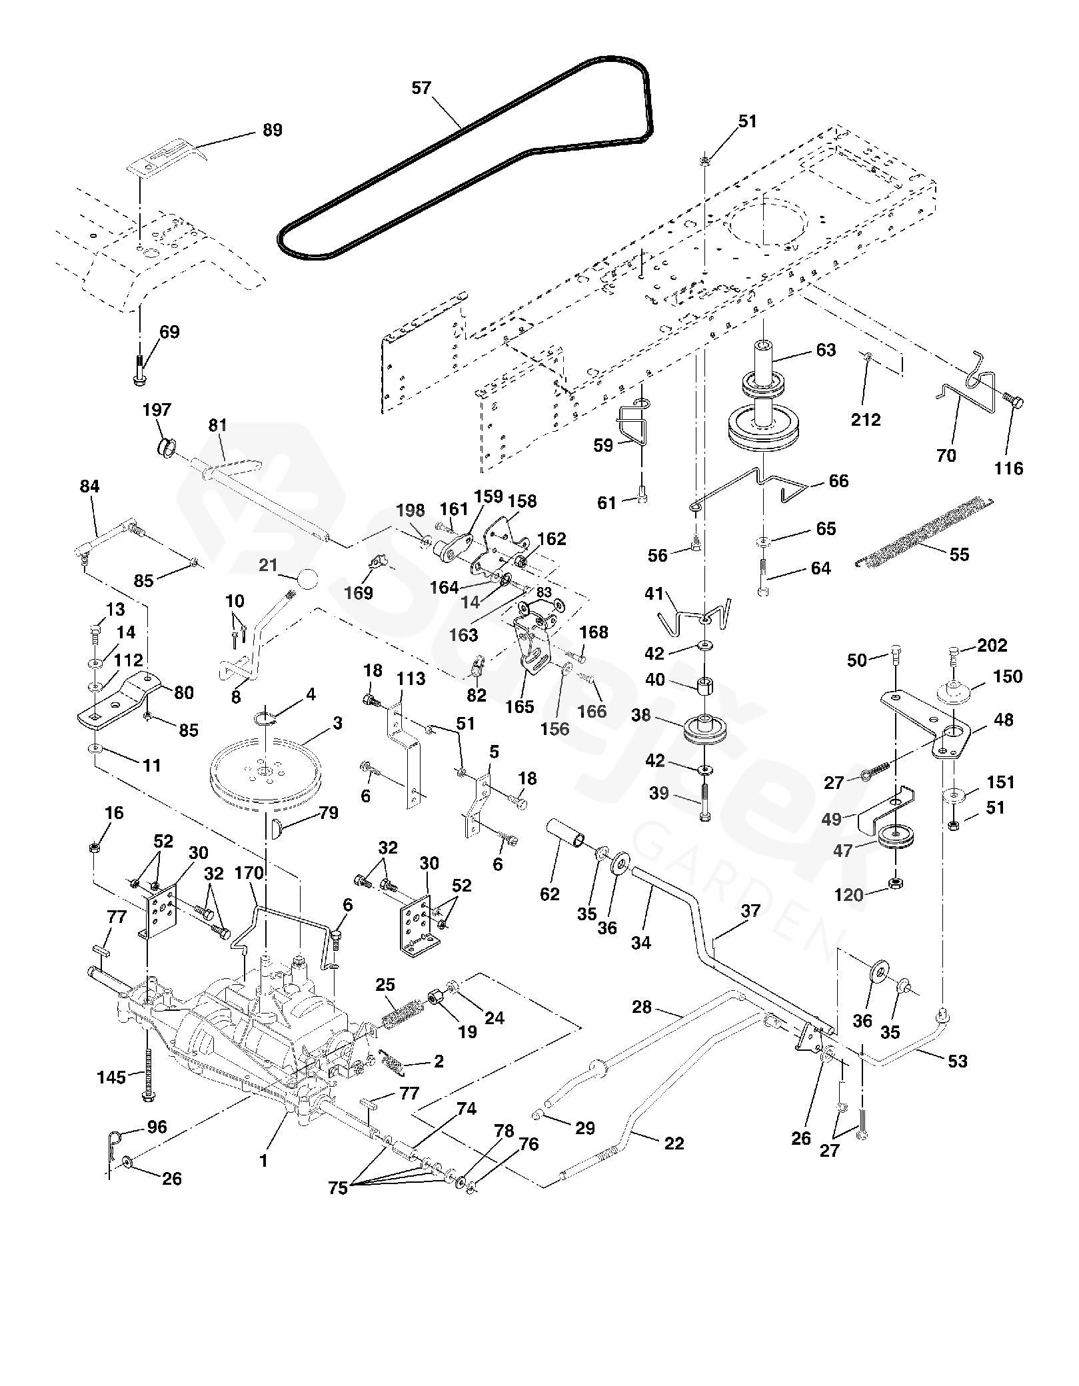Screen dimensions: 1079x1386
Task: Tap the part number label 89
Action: click(x=273, y=130)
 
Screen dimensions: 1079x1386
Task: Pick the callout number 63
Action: click(x=826, y=350)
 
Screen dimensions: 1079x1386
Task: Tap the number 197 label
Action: click(x=157, y=410)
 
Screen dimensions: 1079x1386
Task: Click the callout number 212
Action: click(x=866, y=420)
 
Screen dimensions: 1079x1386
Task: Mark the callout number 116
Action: click(x=1008, y=468)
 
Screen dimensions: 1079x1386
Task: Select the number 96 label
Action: click(x=157, y=1127)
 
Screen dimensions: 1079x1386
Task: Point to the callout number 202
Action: click(x=992, y=645)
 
